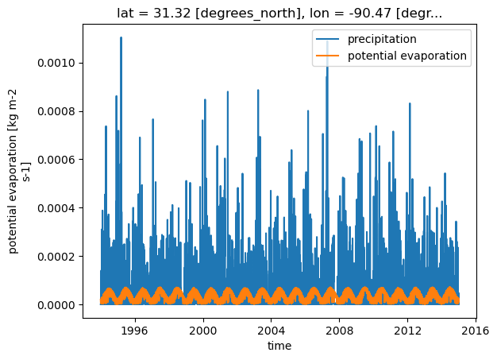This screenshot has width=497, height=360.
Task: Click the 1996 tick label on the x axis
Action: point(135,331)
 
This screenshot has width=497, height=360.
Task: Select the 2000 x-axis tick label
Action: point(203,331)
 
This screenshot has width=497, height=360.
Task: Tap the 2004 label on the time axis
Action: point(272,331)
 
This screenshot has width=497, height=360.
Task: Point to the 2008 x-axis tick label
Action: point(340,331)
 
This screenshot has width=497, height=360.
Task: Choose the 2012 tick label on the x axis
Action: point(407,331)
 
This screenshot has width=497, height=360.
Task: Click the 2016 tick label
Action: point(476,331)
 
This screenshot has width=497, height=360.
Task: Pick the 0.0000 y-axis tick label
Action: point(56,305)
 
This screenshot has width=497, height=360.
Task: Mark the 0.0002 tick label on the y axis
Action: point(56,257)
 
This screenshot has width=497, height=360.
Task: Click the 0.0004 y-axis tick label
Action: point(56,208)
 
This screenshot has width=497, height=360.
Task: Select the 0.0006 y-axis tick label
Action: point(56,160)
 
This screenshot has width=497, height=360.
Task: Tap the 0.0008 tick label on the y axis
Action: point(56,111)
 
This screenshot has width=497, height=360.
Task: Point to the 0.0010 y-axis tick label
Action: point(56,63)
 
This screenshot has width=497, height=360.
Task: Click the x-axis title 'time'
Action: point(279,346)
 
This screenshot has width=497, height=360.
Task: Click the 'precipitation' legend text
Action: point(382,39)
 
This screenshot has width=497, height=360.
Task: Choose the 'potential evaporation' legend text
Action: point(407,56)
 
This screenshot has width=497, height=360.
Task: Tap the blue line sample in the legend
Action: point(327,39)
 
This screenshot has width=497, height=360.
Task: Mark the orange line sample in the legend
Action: point(327,56)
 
